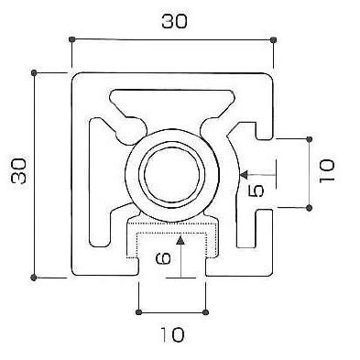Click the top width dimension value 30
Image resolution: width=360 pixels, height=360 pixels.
174,22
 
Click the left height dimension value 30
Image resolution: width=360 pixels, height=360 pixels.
19,170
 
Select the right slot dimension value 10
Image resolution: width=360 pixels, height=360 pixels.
327,171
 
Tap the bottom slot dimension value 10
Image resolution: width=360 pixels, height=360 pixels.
173,335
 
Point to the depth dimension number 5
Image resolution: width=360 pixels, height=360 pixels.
256,191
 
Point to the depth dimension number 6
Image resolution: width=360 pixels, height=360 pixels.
163,259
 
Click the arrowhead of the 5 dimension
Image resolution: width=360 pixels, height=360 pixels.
245,175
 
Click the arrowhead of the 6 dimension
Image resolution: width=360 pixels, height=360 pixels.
181,241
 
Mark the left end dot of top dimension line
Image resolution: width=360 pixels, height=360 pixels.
72,39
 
